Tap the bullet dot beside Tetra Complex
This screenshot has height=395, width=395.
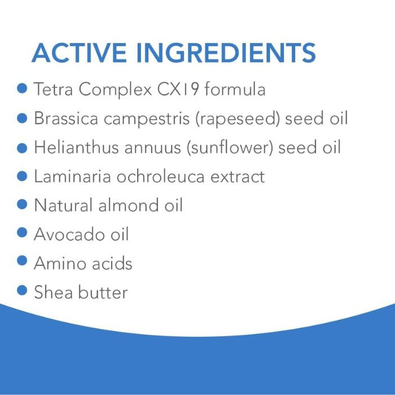tap(23, 89)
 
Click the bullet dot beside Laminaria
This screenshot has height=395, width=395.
tap(23, 176)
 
